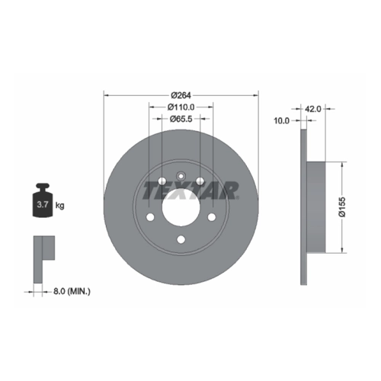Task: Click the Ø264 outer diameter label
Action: (181, 95)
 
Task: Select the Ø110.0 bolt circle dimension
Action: (181, 107)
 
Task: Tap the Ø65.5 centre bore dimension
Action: (181, 119)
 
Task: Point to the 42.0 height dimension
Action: (312, 109)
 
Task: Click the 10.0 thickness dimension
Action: (281, 120)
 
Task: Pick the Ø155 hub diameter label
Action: (342, 207)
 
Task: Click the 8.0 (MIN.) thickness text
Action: (72, 291)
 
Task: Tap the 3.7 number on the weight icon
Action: (43, 204)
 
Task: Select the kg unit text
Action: (60, 205)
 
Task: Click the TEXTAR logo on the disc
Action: (190, 190)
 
